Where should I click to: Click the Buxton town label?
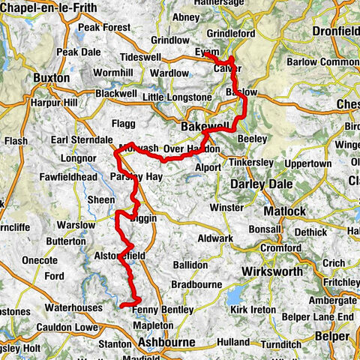(x=52, y=78)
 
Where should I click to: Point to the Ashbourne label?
(x=165, y=342)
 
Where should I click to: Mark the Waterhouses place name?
(x=72, y=307)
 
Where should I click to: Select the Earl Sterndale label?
(x=81, y=139)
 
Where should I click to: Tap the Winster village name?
(x=228, y=207)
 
